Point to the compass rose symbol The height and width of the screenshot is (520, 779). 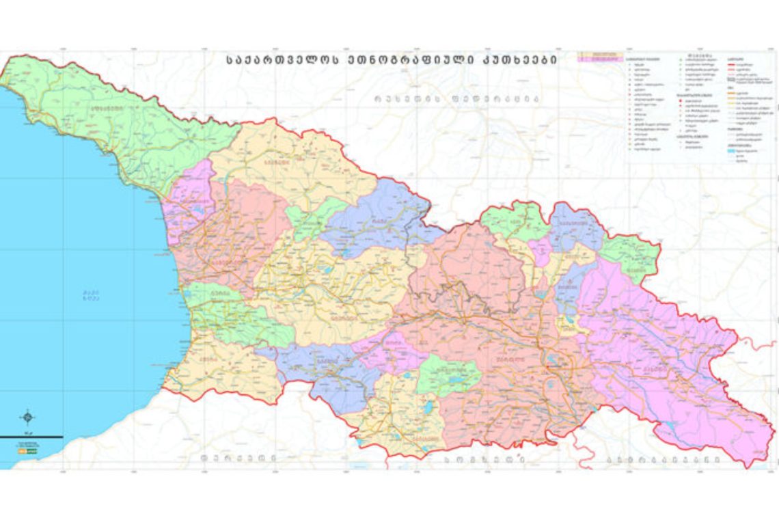(27, 417)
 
